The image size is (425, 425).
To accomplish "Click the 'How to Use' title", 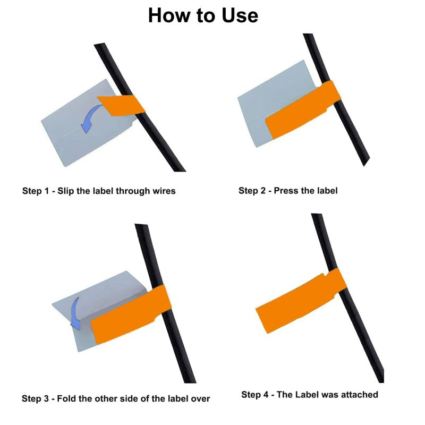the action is (x=203, y=15).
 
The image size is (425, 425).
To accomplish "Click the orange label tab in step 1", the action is (x=121, y=105).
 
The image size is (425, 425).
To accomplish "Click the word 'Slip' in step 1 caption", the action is (x=66, y=191).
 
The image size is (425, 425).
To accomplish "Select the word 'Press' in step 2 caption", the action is (x=285, y=191).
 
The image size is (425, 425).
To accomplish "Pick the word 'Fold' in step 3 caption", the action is (x=67, y=399).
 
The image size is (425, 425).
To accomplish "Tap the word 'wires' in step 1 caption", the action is (x=164, y=191).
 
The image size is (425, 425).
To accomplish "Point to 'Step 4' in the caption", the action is (x=255, y=395).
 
